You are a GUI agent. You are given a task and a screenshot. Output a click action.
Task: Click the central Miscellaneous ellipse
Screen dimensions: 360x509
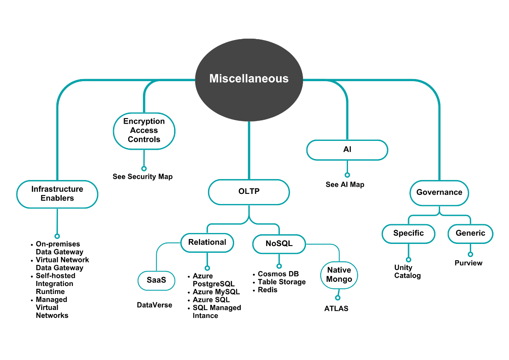point(249,79)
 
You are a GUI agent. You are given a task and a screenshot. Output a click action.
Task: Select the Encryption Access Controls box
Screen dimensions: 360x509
point(144,130)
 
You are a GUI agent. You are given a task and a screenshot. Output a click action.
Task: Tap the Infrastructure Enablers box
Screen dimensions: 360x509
point(57,194)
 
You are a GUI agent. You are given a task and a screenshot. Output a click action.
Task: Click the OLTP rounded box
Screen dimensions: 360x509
point(249,192)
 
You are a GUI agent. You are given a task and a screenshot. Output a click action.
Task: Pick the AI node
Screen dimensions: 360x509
point(347,150)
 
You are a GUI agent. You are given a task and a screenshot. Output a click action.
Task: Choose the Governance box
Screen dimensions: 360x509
point(439,193)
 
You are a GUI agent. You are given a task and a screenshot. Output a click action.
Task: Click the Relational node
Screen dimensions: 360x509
point(207,242)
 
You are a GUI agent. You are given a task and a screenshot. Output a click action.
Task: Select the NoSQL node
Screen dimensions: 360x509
point(279,244)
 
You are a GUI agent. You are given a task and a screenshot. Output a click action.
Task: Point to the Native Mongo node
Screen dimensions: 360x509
point(339,275)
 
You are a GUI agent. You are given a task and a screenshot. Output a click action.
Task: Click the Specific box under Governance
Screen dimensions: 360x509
point(408,233)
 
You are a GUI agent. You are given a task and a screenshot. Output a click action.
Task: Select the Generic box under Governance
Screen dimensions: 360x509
point(470,233)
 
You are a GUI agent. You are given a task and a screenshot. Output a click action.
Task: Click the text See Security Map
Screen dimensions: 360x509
point(142,177)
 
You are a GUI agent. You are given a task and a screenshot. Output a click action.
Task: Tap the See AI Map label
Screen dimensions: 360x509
point(345,185)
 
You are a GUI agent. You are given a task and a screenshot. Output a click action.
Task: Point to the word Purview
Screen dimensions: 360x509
point(469,263)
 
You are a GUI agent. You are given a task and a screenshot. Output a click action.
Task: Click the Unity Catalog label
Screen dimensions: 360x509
point(407,272)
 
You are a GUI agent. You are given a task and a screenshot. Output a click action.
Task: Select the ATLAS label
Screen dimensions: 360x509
point(336,309)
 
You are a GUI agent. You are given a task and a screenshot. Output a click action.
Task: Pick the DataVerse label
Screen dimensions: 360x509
point(155,305)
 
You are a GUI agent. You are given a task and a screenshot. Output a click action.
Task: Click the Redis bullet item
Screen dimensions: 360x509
point(267,290)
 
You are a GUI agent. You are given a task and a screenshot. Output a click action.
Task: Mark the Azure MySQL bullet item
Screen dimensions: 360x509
point(216,292)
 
